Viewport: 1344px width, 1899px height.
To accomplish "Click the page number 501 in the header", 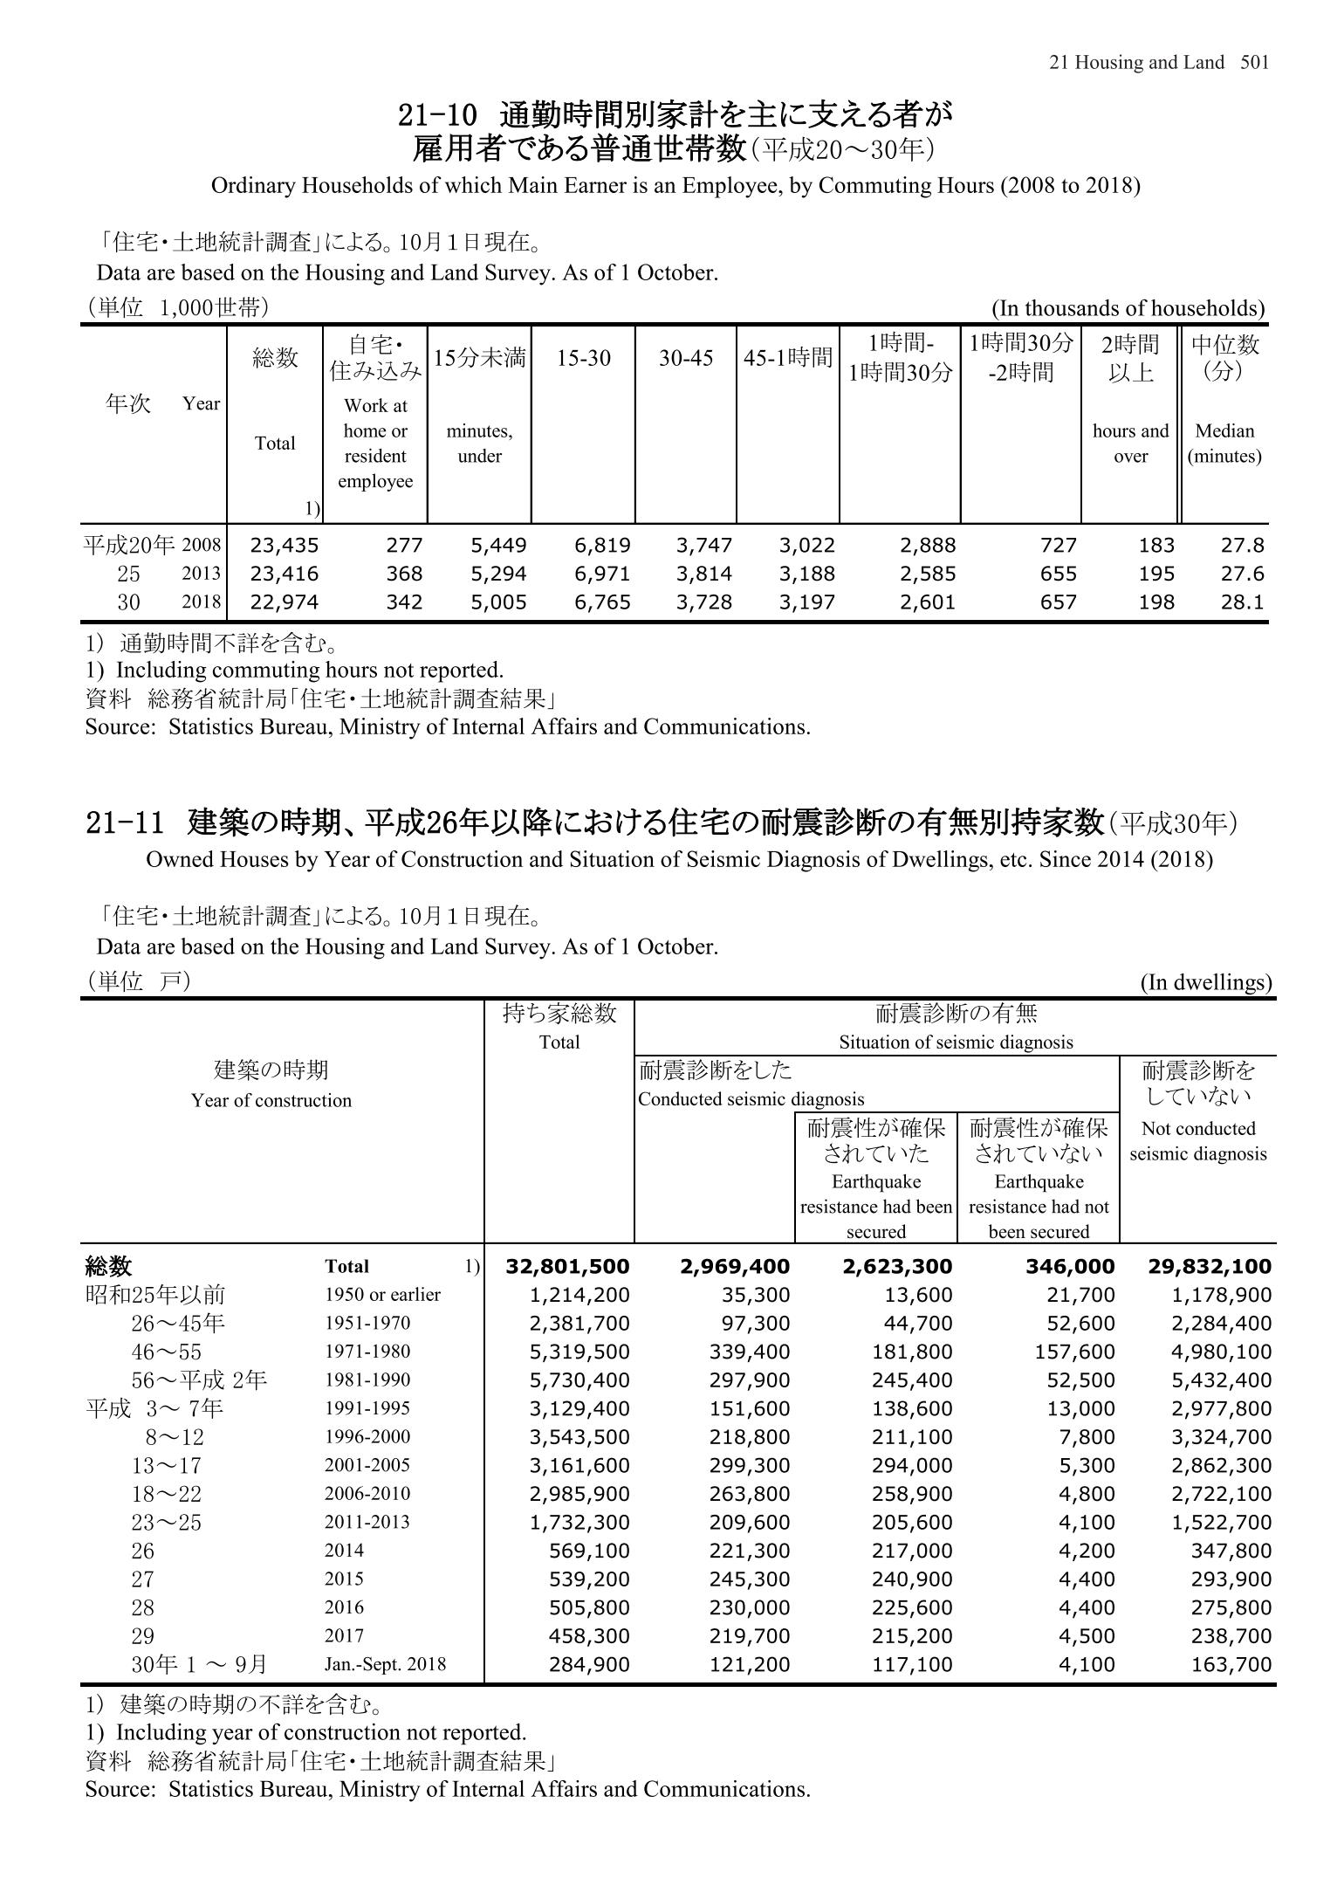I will click(1254, 62).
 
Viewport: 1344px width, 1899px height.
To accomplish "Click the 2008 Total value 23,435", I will click(285, 546).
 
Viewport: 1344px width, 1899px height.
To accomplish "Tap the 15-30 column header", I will click(584, 358).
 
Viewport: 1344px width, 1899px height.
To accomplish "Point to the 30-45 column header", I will click(686, 358).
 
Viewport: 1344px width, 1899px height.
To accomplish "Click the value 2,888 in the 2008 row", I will click(928, 546).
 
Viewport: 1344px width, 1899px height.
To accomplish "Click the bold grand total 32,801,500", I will click(567, 1267).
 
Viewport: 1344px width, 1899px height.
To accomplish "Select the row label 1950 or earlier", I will click(382, 1295).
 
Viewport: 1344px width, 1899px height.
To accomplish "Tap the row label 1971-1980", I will click(367, 1352).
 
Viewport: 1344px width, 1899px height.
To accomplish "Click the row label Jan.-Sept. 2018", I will click(385, 1664).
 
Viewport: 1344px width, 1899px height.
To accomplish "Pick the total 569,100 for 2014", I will click(588, 1551).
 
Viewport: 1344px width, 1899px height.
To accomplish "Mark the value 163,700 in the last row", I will click(1231, 1664).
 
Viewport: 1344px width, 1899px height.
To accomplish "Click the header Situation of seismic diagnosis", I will click(956, 1042).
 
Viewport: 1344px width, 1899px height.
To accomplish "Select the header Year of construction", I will click(271, 1101).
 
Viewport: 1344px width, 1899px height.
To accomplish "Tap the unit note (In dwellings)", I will click(1206, 983).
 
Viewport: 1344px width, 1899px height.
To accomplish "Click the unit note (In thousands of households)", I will click(1128, 308).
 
